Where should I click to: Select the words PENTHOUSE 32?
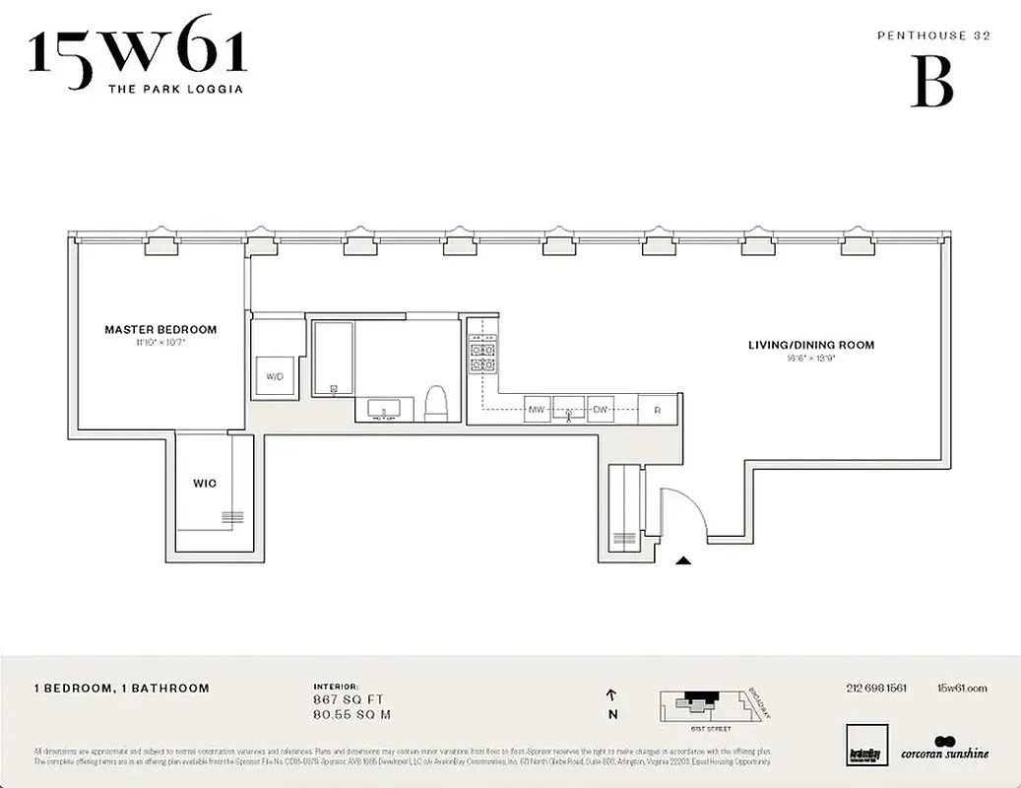click(932, 34)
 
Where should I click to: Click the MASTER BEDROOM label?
click(160, 330)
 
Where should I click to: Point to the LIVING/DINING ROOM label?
click(810, 345)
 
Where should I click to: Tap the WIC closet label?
click(204, 484)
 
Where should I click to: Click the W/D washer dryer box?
click(274, 375)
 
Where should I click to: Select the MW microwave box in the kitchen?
click(537, 409)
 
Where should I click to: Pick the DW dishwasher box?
click(600, 409)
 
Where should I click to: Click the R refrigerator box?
click(657, 409)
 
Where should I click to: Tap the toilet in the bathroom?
click(436, 403)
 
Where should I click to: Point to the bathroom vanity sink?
click(383, 408)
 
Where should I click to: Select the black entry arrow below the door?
click(683, 560)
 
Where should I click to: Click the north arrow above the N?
click(612, 694)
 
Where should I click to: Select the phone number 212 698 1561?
click(875, 689)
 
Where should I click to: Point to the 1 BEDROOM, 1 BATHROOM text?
click(121, 689)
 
